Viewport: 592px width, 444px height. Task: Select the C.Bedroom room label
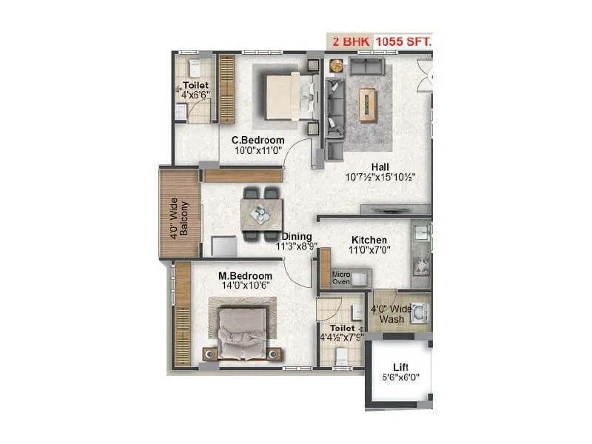pos(258,140)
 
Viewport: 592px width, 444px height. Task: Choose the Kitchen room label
pos(369,240)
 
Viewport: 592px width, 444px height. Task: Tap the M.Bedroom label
pos(244,276)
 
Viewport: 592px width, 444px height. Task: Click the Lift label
pos(400,366)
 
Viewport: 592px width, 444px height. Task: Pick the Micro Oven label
pos(340,277)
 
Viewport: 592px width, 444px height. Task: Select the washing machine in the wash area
pos(420,314)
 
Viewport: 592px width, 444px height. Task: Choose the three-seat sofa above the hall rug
pos(367,67)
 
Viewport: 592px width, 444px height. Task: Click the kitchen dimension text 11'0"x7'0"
pos(369,250)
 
